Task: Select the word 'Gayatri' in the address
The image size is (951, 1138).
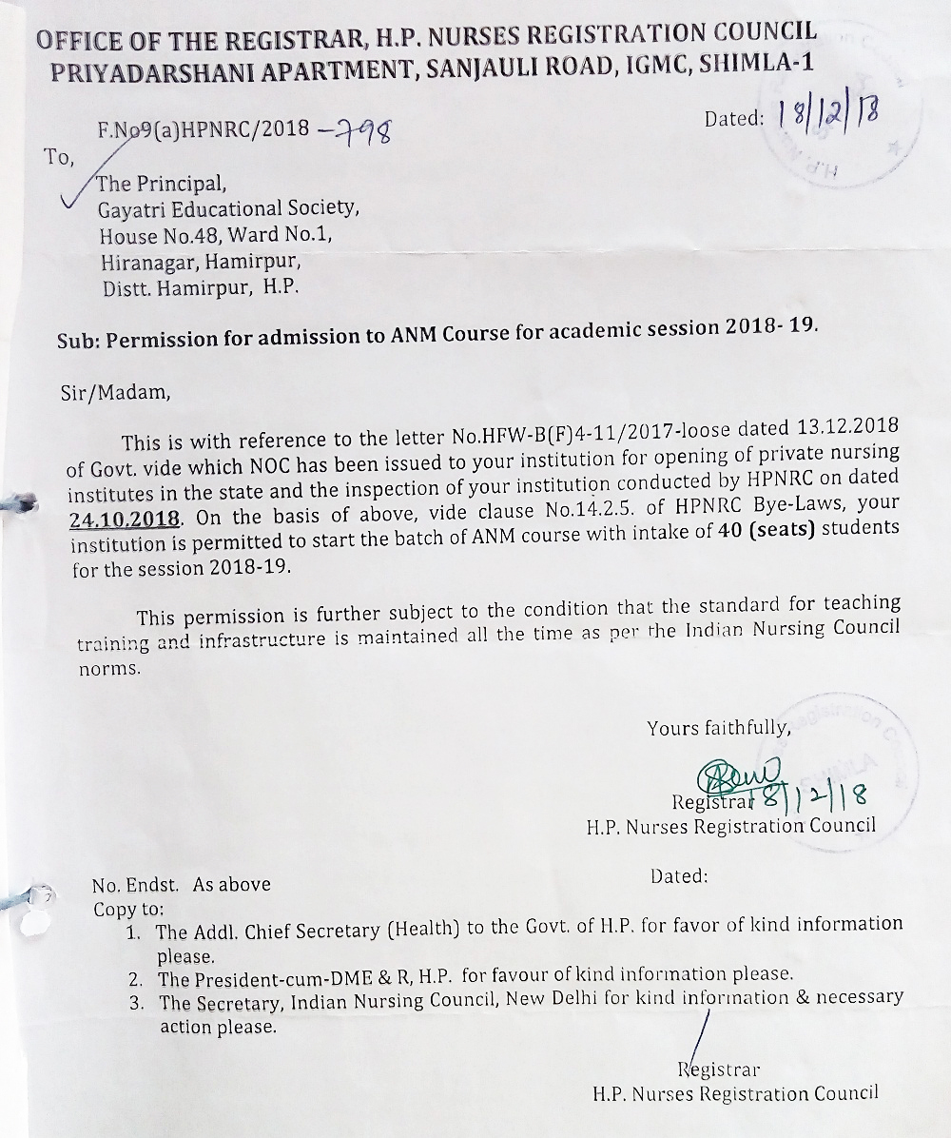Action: click(129, 208)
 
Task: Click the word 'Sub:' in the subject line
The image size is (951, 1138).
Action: click(80, 341)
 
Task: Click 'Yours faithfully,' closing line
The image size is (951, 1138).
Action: click(718, 728)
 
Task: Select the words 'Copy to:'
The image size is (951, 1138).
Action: click(128, 909)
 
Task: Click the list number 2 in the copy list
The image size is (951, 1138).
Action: click(137, 978)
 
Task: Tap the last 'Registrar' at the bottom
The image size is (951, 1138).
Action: click(718, 1070)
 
